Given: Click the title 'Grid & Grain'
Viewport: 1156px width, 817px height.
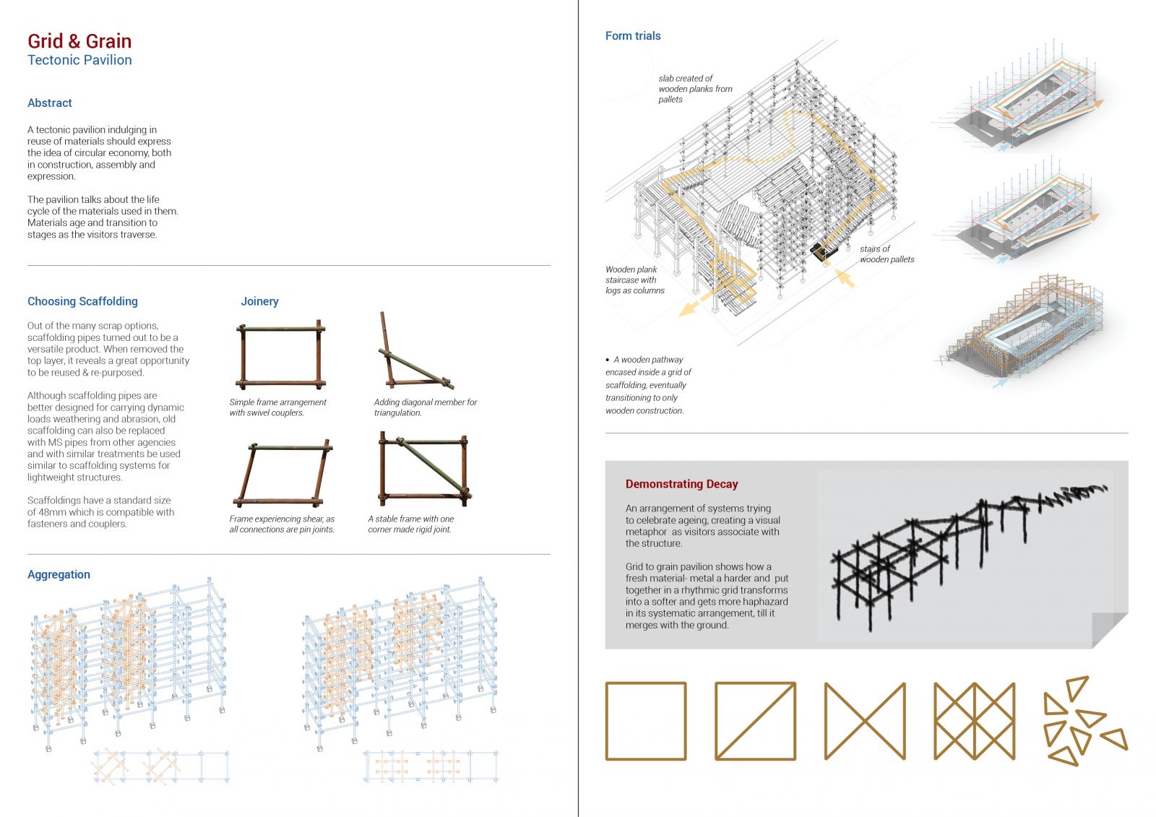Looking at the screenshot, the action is tap(79, 41).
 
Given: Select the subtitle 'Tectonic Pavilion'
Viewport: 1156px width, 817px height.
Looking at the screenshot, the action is tap(79, 61).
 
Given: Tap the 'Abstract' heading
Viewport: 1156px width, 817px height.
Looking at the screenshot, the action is tap(50, 103).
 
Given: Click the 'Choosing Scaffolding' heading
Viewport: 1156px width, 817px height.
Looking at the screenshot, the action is tap(82, 301).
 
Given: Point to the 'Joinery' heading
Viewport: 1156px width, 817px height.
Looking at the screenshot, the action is tap(259, 301).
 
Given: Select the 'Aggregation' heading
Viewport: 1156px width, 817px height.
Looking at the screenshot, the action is tap(59, 574).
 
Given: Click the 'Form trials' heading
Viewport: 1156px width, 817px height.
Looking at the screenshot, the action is tap(633, 35).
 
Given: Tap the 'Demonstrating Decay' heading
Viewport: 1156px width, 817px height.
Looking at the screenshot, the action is tap(681, 484).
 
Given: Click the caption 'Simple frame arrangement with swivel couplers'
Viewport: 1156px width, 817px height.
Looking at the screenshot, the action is tap(277, 407).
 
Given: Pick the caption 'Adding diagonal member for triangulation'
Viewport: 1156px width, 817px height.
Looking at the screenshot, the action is tap(426, 407).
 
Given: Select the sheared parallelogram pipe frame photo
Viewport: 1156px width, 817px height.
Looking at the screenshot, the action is tap(283, 472).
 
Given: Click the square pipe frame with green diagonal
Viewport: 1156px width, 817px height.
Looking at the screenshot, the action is tap(424, 470).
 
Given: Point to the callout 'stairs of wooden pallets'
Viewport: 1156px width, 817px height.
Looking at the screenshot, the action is tap(887, 254).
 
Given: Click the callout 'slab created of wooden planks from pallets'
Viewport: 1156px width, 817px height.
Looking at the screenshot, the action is tap(695, 89).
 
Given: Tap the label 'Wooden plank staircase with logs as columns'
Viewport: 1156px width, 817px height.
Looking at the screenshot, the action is tap(635, 280).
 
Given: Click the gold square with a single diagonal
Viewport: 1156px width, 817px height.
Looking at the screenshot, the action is tap(755, 722).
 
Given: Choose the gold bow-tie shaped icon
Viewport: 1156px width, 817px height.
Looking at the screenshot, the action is tap(865, 722).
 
